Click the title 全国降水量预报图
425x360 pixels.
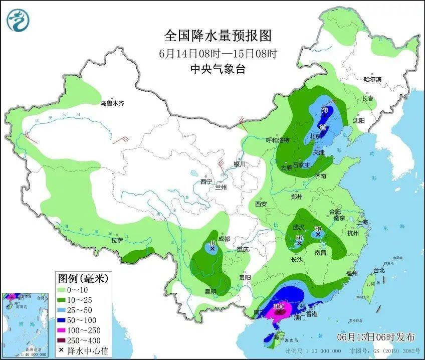click(x=218, y=36)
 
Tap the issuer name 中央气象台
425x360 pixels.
click(x=218, y=70)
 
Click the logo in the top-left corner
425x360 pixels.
click(x=18, y=20)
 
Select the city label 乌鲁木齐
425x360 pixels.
click(x=111, y=103)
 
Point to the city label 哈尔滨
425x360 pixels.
click(x=372, y=79)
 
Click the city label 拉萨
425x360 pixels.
click(x=117, y=240)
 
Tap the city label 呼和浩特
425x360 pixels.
click(x=277, y=140)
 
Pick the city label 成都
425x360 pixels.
click(x=224, y=239)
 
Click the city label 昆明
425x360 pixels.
click(x=210, y=291)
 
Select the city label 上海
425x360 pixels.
click(x=362, y=222)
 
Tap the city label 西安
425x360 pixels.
click(x=261, y=204)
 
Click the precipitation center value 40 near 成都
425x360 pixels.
click(x=212, y=243)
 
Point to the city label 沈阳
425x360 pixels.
click(x=359, y=121)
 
